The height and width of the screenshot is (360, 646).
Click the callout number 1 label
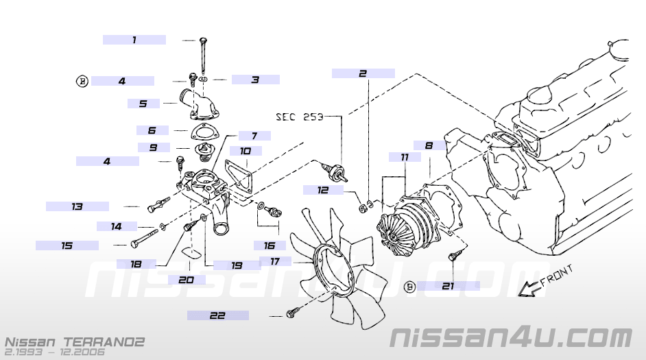coord(134,40)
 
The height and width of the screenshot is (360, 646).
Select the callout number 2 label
coord(363,73)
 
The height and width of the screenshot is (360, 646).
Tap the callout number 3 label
coord(255,80)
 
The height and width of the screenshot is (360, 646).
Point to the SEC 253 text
coord(300,117)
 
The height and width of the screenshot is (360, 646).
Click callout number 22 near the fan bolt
coord(217,315)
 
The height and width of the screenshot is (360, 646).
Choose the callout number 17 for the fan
coord(275,261)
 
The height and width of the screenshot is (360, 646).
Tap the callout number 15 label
coord(67,245)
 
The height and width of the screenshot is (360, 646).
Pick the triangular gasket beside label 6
coord(201,131)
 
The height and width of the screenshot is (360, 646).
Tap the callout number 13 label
coord(77,206)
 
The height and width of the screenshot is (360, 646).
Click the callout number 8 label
coord(429,145)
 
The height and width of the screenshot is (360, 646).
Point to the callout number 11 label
coord(405,157)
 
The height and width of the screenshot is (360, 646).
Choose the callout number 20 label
coord(186,280)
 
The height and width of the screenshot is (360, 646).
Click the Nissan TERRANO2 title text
coord(74,341)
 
